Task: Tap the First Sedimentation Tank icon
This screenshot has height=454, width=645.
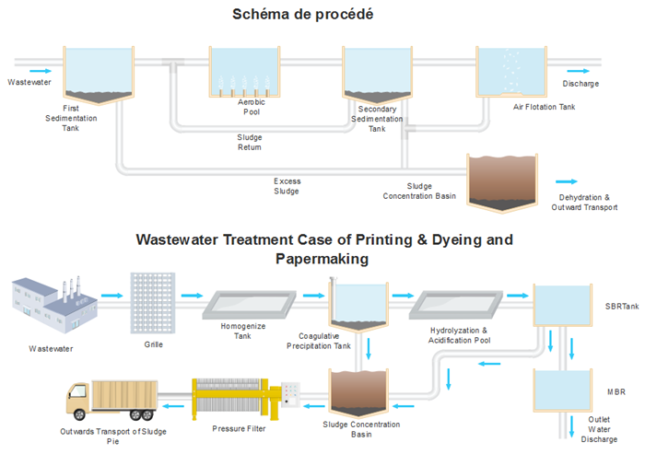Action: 95,74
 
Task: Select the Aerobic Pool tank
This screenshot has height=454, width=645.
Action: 244,74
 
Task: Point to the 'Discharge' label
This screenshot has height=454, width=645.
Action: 580,84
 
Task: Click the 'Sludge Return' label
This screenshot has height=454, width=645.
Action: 249,142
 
